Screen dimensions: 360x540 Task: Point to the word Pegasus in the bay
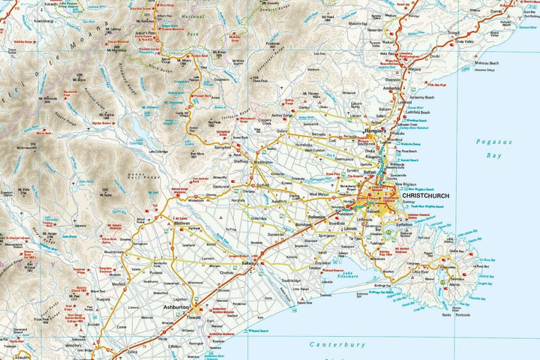[489, 141]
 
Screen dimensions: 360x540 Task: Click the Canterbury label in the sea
[337, 345]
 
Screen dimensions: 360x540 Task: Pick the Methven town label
[182, 223]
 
